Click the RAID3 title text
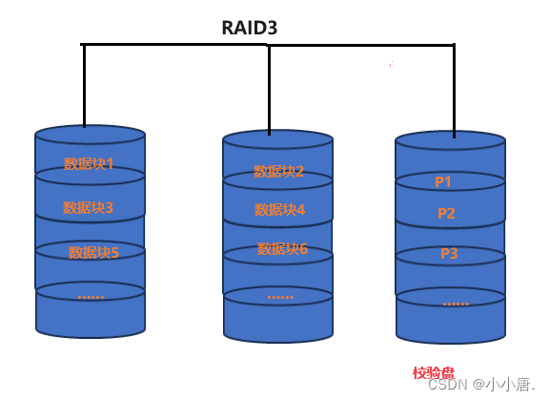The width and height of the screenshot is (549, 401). pyautogui.click(x=249, y=28)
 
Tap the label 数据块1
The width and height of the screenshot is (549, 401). pyautogui.click(x=89, y=163)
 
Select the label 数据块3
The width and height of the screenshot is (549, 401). pyautogui.click(x=88, y=207)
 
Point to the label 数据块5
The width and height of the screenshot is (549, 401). pyautogui.click(x=93, y=252)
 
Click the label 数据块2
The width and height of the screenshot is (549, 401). pyautogui.click(x=278, y=171)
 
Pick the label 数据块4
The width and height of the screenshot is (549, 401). pyautogui.click(x=279, y=209)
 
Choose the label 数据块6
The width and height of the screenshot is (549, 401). pyautogui.click(x=282, y=248)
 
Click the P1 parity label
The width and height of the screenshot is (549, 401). pyautogui.click(x=443, y=181)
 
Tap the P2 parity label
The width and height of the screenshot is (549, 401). pyautogui.click(x=446, y=213)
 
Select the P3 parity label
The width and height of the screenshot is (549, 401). pyautogui.click(x=449, y=253)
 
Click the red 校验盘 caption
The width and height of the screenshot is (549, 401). pyautogui.click(x=434, y=372)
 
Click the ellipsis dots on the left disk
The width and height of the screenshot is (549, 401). pyautogui.click(x=91, y=296)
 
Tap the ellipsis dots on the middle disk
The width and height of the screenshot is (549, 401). pyautogui.click(x=280, y=296)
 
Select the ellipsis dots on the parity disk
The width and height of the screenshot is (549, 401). pyautogui.click(x=456, y=302)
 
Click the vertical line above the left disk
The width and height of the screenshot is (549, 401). pyautogui.click(x=84, y=86)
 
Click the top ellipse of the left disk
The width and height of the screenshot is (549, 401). pyautogui.click(x=90, y=135)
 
